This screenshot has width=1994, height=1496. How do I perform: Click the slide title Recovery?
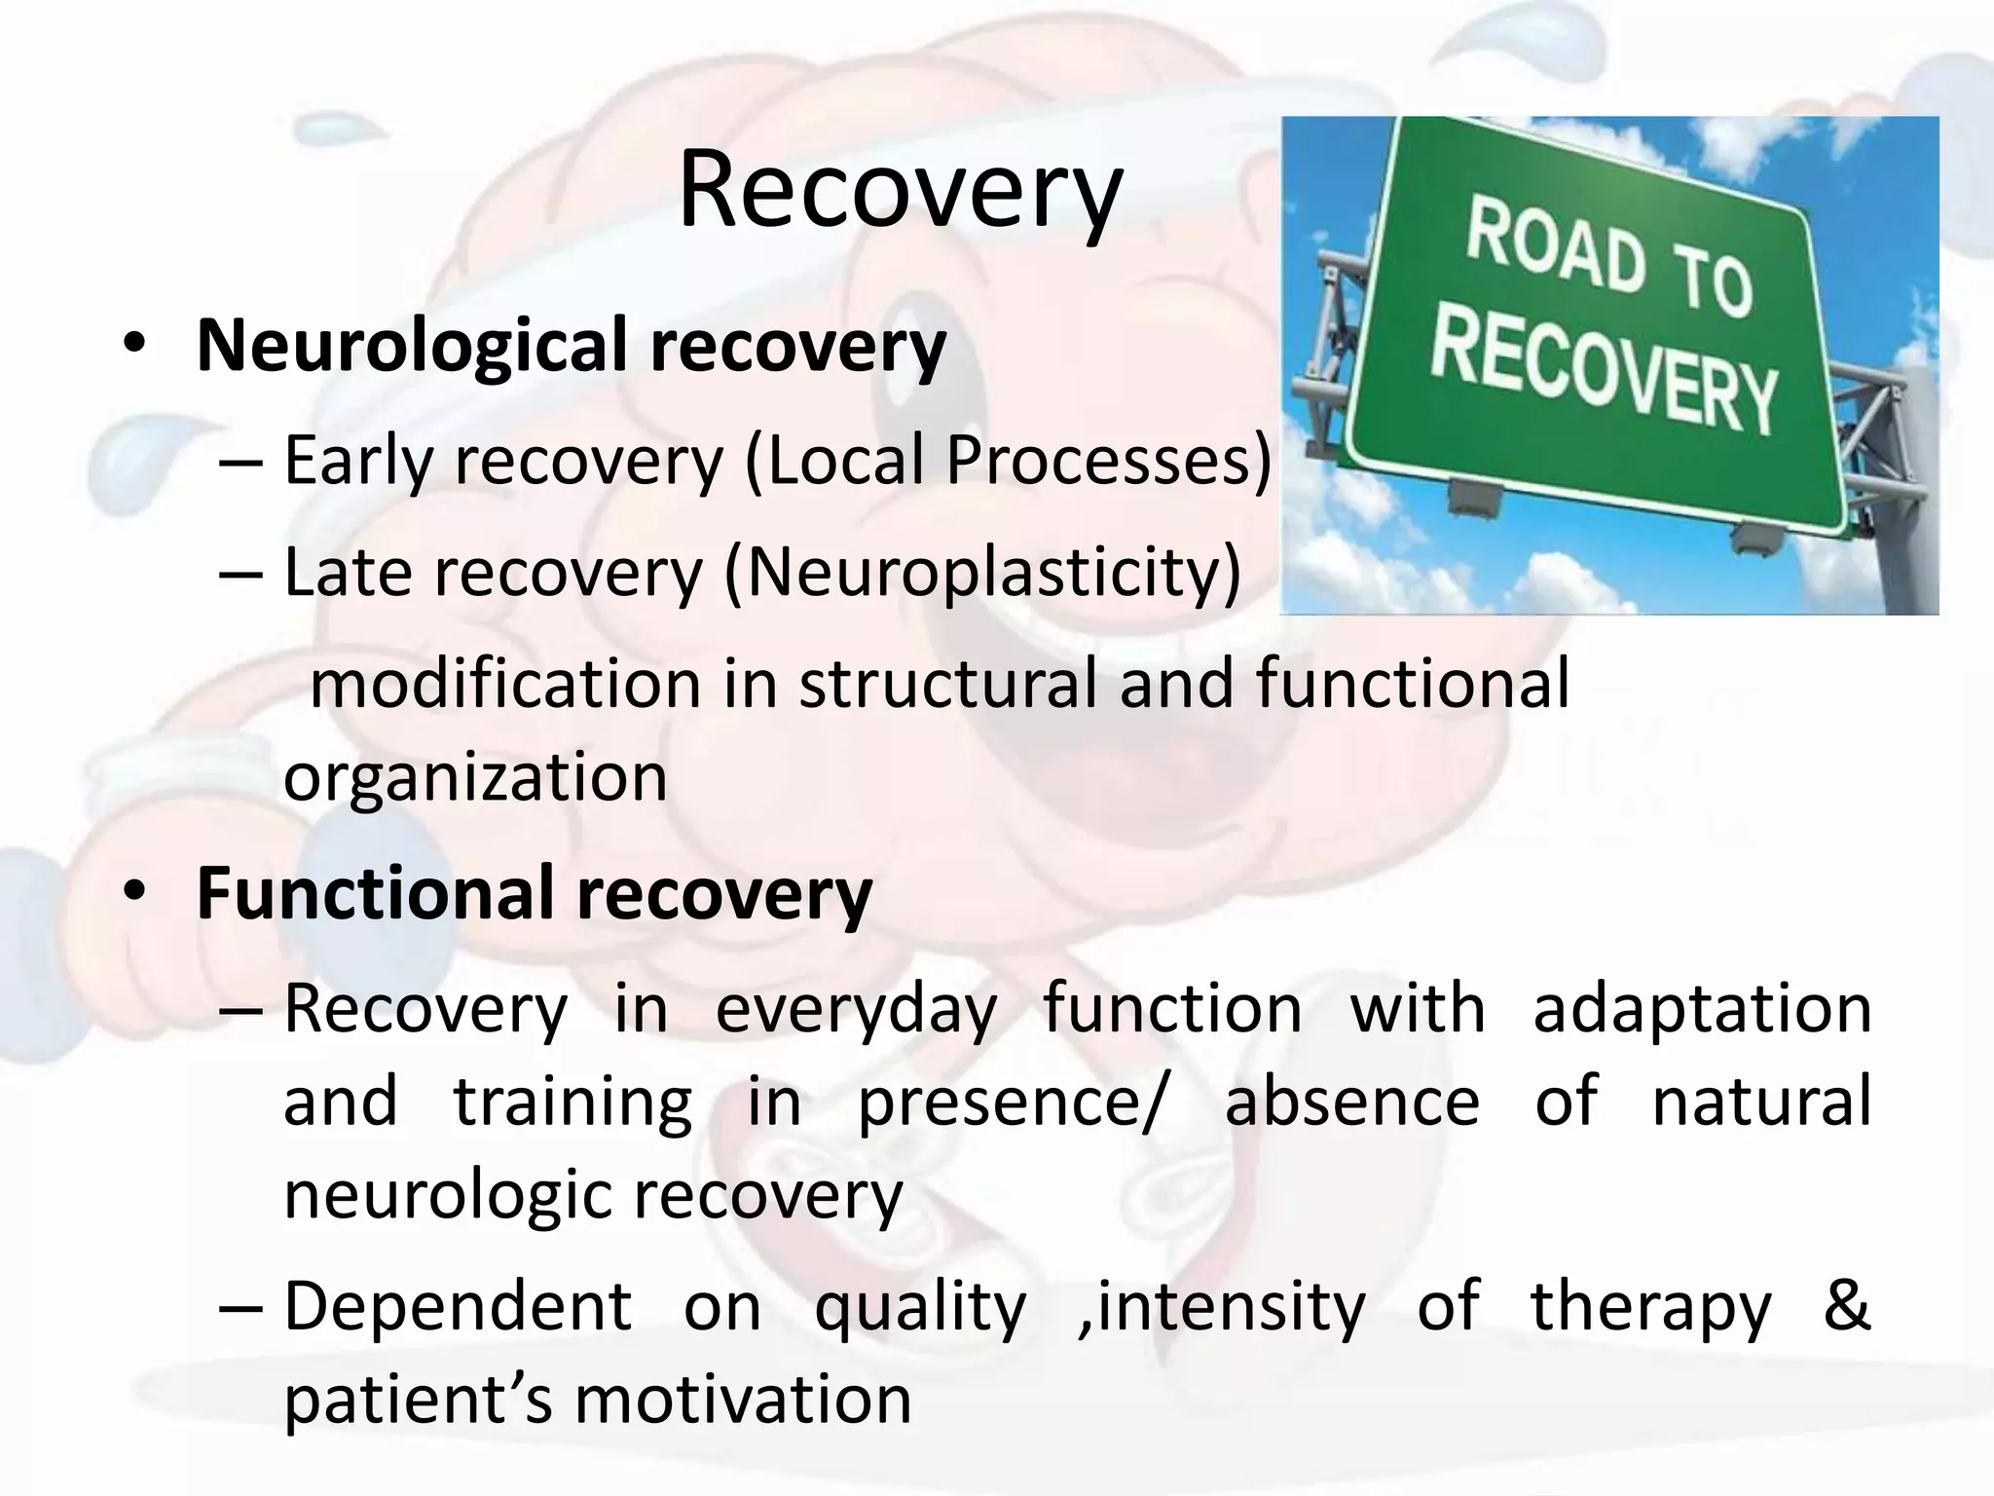click(900, 192)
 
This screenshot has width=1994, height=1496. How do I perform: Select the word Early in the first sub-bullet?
click(357, 461)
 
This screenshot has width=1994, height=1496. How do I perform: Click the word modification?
click(505, 684)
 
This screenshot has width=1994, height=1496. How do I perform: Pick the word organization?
click(475, 777)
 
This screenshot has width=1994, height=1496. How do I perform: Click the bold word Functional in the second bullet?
click(376, 893)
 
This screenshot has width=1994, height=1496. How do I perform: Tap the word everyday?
click(857, 1009)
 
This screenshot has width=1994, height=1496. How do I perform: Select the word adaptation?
click(1702, 1009)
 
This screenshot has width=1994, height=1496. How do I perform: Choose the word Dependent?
click(458, 1307)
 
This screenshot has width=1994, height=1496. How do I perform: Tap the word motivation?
click(743, 1401)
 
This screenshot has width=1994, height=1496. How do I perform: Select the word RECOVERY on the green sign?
click(1604, 376)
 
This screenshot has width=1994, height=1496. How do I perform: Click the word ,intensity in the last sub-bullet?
click(1223, 1307)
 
